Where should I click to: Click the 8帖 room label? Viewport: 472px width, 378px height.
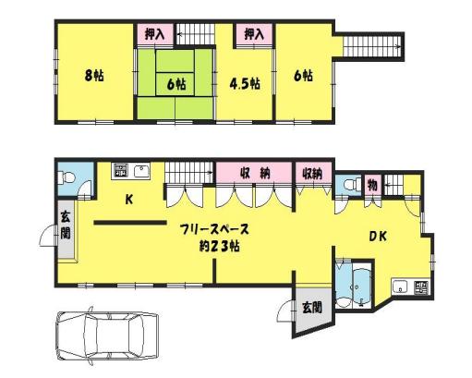tap(94, 76)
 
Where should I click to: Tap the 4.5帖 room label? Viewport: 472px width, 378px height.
tap(245, 83)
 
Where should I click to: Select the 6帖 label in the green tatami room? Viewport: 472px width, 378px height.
tap(176, 84)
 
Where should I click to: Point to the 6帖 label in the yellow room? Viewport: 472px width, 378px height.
tap(303, 76)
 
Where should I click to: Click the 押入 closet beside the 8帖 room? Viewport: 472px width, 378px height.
tap(154, 34)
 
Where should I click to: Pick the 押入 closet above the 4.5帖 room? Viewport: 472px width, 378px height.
tap(254, 34)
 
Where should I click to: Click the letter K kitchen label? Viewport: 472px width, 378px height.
tap(129, 200)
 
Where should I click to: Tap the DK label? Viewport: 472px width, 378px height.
tap(378, 237)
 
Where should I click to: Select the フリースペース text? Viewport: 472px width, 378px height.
tap(214, 229)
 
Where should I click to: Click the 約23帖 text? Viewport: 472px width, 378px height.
tap(219, 247)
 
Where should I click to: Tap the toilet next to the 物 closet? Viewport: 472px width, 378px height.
tap(353, 185)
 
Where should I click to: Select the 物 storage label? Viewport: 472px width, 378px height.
tap(372, 185)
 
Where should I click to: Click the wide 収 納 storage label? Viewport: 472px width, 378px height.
tap(255, 174)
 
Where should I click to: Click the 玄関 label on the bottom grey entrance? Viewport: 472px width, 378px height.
tap(312, 308)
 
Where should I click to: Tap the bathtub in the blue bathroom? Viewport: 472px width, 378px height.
tap(362, 285)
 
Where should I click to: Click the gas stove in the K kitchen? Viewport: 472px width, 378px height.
tap(121, 170)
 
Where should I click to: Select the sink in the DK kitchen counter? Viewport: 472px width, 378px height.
tap(401, 287)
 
